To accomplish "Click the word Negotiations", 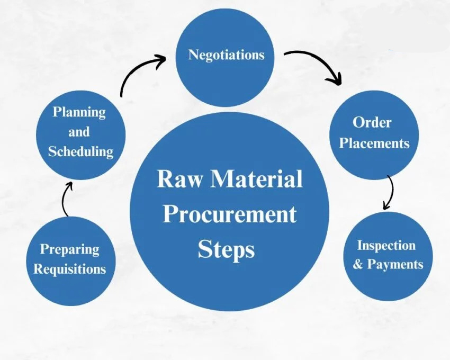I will pyautogui.click(x=226, y=55).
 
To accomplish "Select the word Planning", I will pyautogui.click(x=79, y=112).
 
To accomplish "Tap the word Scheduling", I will pyautogui.click(x=80, y=151).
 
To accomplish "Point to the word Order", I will pyautogui.click(x=372, y=123).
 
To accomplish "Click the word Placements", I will pyautogui.click(x=374, y=143).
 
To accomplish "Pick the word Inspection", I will pyautogui.click(x=386, y=245).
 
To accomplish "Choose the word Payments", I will pyautogui.click(x=394, y=264).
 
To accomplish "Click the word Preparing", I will pyautogui.click(x=69, y=249).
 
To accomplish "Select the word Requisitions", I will pyautogui.click(x=69, y=269).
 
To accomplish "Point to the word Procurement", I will pyautogui.click(x=229, y=214).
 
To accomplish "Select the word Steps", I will pyautogui.click(x=226, y=249).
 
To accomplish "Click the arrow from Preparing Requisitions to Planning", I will pyautogui.click(x=66, y=199).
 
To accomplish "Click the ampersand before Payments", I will pyautogui.click(x=358, y=264).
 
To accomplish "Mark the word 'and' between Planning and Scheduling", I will pyautogui.click(x=79, y=132).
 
